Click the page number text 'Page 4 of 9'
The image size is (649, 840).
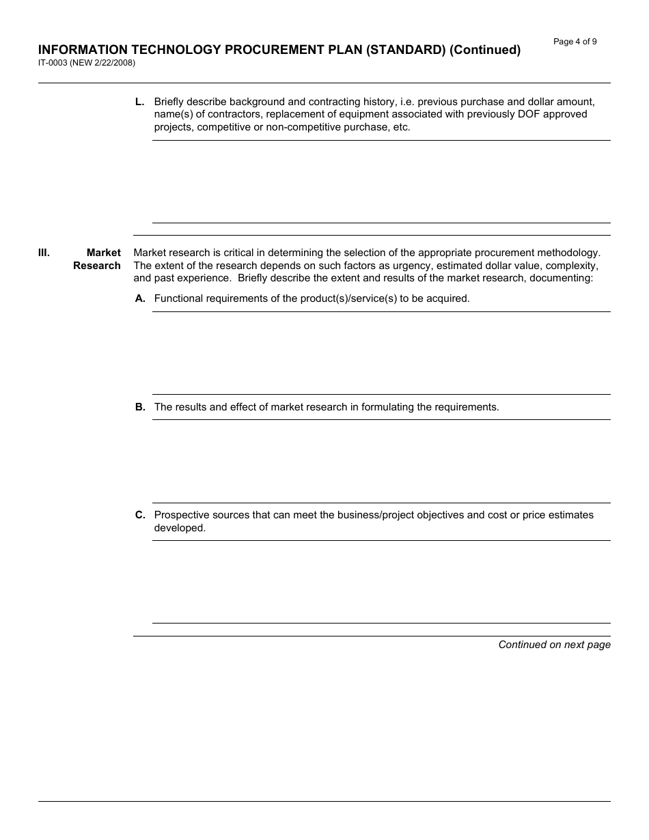[575, 42]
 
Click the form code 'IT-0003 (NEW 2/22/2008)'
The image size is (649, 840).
[86, 63]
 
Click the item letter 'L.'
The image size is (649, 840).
[139, 102]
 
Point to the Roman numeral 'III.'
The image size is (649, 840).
[44, 253]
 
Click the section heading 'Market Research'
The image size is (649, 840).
[97, 259]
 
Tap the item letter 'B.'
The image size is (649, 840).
[139, 407]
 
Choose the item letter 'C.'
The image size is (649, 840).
[139, 515]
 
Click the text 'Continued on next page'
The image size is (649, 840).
[554, 645]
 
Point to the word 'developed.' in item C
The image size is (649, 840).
[180, 528]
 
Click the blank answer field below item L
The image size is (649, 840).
[381, 182]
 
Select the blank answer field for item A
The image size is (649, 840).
[381, 353]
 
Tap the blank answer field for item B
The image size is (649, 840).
[381, 461]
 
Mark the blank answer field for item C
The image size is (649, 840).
[381, 582]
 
